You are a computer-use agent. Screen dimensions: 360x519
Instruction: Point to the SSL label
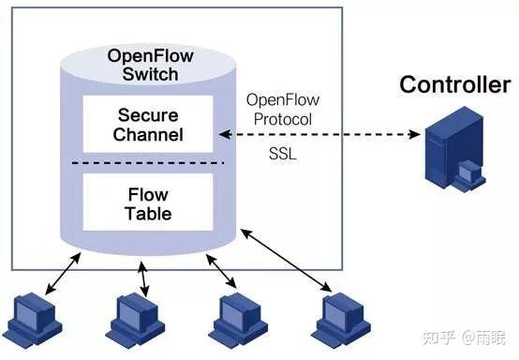(x=279, y=154)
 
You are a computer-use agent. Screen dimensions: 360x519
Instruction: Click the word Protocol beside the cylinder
(x=279, y=119)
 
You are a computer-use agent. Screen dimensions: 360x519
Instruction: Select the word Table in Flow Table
(x=148, y=214)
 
